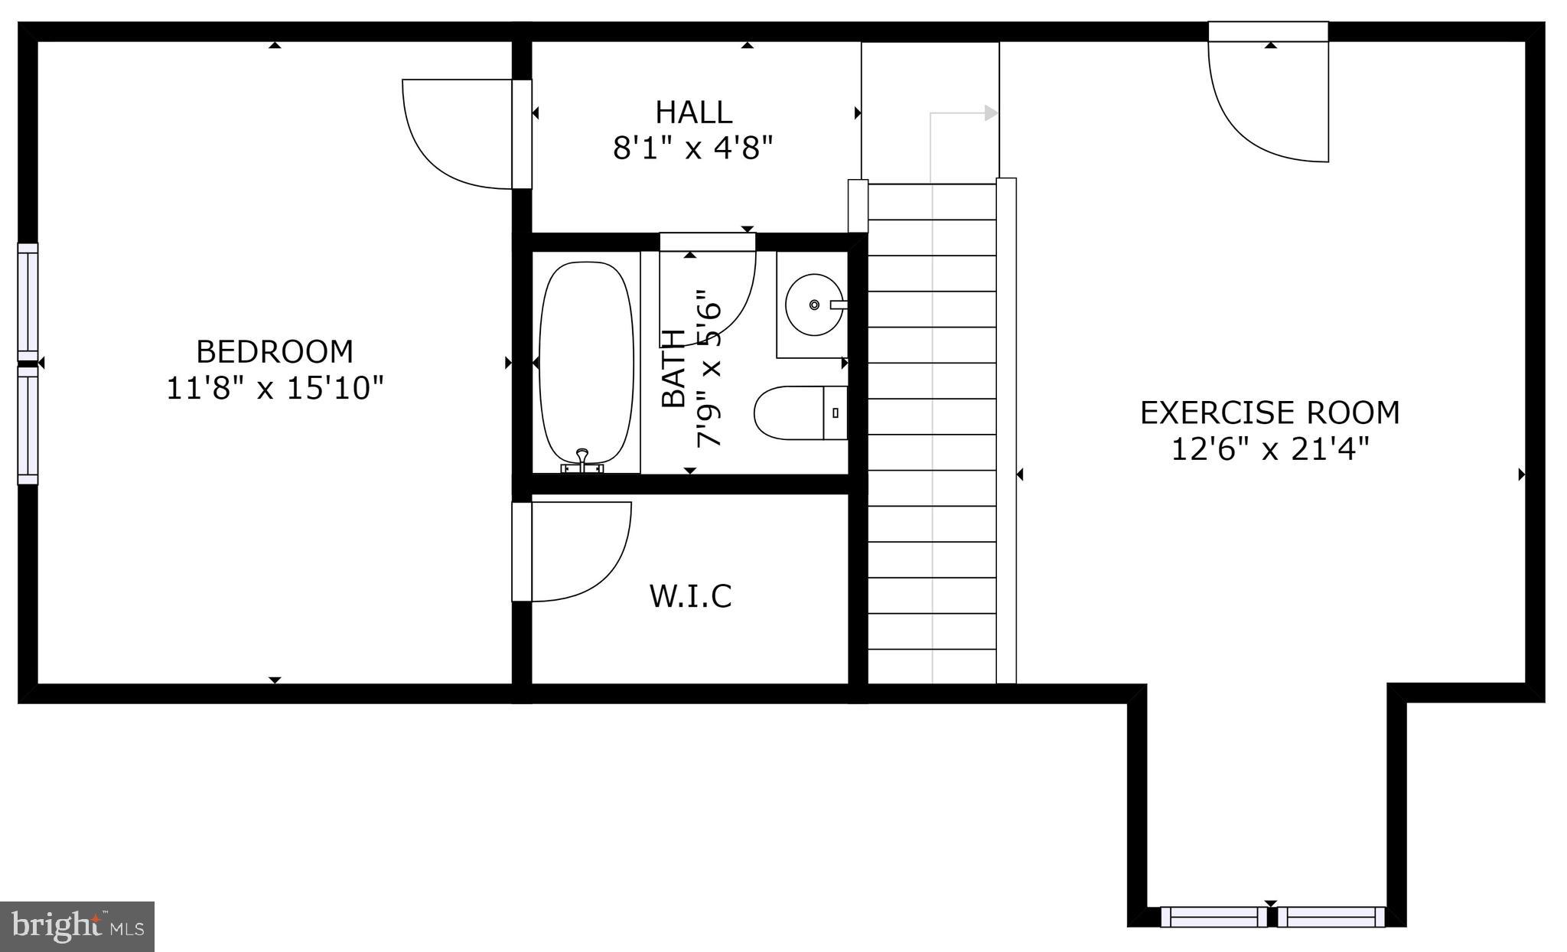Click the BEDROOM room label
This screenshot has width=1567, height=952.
[x=275, y=352]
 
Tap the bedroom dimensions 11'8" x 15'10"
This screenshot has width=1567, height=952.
[x=275, y=388]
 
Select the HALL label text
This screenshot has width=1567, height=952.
[x=693, y=112]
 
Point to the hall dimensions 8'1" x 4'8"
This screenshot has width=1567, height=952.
[x=693, y=148]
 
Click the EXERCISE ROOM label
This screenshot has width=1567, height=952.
[x=1269, y=413]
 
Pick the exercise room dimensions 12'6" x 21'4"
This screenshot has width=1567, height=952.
[x=1269, y=449]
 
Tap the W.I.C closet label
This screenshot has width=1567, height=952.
[x=690, y=595]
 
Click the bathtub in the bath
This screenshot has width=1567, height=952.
[x=586, y=360]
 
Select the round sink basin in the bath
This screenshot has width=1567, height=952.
[x=813, y=305]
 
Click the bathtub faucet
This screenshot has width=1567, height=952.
[x=582, y=460]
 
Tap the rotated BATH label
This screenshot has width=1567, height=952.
[x=673, y=369]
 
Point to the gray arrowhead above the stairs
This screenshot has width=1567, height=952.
[x=991, y=113]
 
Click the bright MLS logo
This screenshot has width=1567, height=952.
[x=77, y=927]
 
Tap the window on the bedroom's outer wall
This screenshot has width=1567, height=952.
[x=28, y=364]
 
